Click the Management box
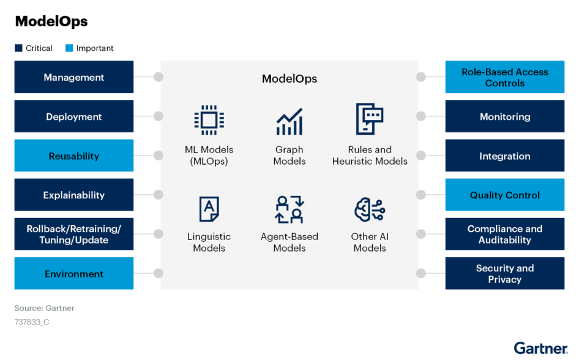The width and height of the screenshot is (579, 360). [x=74, y=77]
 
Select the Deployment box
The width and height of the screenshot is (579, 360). [x=74, y=116]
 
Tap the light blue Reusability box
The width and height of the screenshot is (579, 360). [x=74, y=156]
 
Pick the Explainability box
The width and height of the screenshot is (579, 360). [x=74, y=195]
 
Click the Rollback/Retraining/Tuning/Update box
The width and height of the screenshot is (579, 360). [x=74, y=234]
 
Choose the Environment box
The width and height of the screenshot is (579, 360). [x=74, y=273]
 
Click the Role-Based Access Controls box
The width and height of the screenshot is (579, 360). [x=504, y=77]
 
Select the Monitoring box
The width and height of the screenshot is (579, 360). [x=504, y=116]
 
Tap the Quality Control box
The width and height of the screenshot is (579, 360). [x=504, y=195]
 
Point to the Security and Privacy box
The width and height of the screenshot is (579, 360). [x=504, y=273]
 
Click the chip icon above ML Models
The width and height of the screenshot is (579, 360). [x=209, y=119]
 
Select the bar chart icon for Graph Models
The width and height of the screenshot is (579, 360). [x=289, y=122]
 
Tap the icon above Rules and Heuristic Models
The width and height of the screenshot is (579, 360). [x=369, y=119]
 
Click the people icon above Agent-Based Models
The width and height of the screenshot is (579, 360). [x=289, y=209]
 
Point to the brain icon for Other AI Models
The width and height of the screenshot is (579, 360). [x=369, y=209]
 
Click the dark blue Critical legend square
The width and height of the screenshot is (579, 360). [x=18, y=48]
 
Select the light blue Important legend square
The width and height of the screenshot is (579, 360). [x=69, y=48]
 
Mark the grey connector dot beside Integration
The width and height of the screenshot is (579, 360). [x=420, y=156]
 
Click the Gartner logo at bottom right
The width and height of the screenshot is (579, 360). [x=540, y=348]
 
